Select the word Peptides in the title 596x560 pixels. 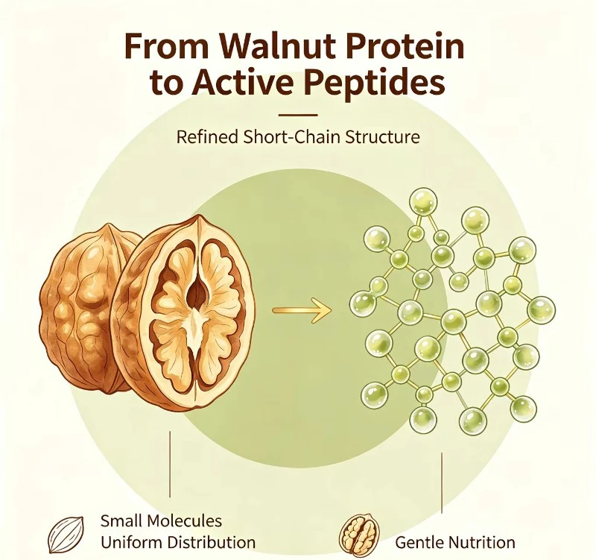[x=375, y=83]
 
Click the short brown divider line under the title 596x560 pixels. [x=298, y=115]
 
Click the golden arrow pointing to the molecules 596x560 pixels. [x=302, y=310]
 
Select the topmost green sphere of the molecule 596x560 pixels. [x=423, y=202]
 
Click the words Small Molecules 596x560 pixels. [x=161, y=520]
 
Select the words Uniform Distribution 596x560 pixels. [x=178, y=542]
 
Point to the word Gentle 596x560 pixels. [x=419, y=542]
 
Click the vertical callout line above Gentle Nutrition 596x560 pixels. [x=442, y=482]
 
